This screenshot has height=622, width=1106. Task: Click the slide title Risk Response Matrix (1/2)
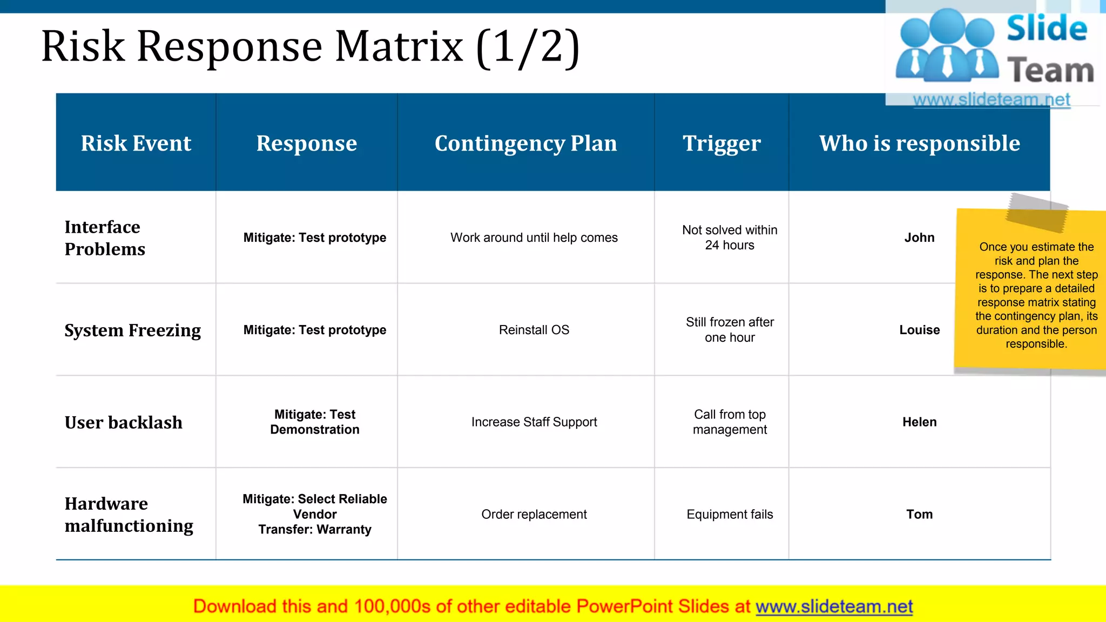[x=311, y=47]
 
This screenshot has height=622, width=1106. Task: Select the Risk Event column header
[x=136, y=143]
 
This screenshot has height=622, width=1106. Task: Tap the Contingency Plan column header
[x=525, y=143]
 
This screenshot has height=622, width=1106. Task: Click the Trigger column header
[x=721, y=143]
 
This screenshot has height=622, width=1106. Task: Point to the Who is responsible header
[x=919, y=143]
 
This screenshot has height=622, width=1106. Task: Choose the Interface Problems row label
[x=105, y=238]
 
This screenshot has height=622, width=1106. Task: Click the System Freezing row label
[x=132, y=330]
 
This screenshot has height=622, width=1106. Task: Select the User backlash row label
[x=123, y=422]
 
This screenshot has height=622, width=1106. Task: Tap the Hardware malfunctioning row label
[x=129, y=515]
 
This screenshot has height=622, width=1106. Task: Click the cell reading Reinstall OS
[x=534, y=330]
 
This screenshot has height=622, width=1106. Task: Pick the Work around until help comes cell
[x=534, y=238]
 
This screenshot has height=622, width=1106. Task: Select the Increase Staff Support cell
[x=534, y=422]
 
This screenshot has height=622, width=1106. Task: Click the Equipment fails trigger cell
[x=730, y=515]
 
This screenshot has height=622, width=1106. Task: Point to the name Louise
[x=919, y=330]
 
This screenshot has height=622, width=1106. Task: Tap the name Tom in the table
[x=919, y=515]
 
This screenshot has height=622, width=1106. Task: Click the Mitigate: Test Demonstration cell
[x=315, y=422]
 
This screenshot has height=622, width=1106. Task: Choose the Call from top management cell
[x=730, y=422]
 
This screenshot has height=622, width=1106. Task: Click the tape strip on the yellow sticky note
[x=1036, y=213]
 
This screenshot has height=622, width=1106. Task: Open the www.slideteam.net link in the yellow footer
[x=834, y=607]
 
